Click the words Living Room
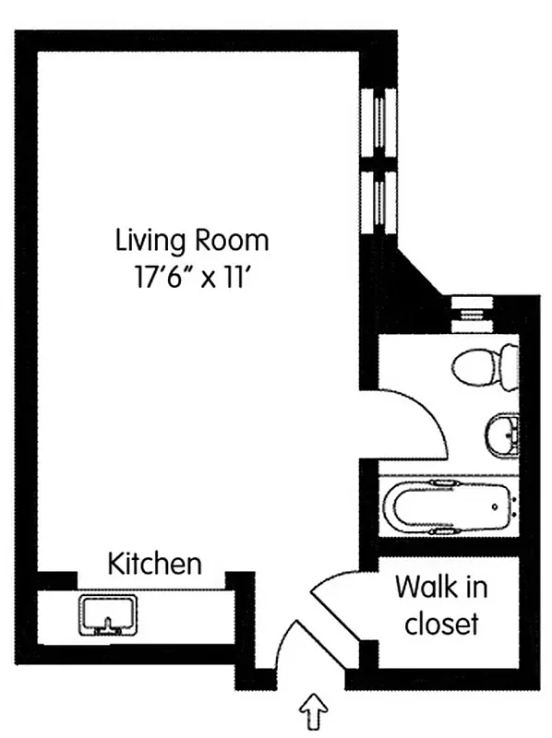point(192,241)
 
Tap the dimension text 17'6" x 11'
point(192,277)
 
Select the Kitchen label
point(154,564)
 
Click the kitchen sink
point(108,615)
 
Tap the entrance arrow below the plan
point(315,711)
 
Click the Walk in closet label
point(441,604)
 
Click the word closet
point(441,624)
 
